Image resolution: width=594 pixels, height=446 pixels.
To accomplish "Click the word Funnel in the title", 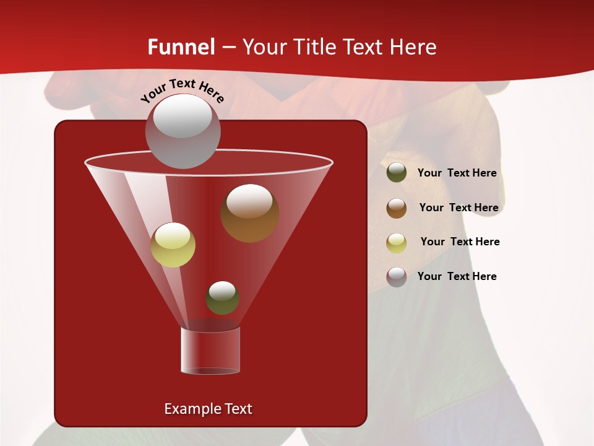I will pyautogui.click(x=181, y=47).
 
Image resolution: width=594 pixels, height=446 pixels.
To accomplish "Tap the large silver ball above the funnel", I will pyautogui.click(x=183, y=131).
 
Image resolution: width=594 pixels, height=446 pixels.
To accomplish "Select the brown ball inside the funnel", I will pyautogui.click(x=249, y=213).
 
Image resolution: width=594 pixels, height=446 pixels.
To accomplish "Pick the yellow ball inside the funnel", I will pyautogui.click(x=173, y=245).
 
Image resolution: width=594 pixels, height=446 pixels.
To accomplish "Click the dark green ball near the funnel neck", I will pyautogui.click(x=222, y=298).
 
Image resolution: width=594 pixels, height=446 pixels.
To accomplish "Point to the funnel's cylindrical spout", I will pyautogui.click(x=210, y=350).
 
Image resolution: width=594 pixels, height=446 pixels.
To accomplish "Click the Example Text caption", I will pyautogui.click(x=208, y=409).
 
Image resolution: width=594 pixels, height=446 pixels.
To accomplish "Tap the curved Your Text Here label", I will pyautogui.click(x=183, y=90).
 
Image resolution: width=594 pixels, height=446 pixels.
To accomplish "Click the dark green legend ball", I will pyautogui.click(x=397, y=172).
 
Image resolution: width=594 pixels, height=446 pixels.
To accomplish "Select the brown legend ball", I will pyautogui.click(x=397, y=208).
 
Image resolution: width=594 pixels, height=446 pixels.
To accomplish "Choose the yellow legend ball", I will pyautogui.click(x=397, y=243).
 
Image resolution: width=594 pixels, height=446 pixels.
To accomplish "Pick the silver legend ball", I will pyautogui.click(x=397, y=277).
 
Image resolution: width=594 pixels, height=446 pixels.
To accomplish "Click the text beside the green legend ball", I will pyautogui.click(x=457, y=173).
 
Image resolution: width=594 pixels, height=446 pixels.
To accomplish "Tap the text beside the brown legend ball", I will pyautogui.click(x=458, y=208).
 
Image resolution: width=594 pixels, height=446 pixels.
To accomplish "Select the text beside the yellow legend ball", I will pyautogui.click(x=460, y=242).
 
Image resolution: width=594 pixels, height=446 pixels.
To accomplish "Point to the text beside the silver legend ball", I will pyautogui.click(x=457, y=276).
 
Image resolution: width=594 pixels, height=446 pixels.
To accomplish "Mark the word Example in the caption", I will pyautogui.click(x=188, y=409).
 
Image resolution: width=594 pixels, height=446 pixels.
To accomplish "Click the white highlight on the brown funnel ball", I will pyautogui.click(x=249, y=201).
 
